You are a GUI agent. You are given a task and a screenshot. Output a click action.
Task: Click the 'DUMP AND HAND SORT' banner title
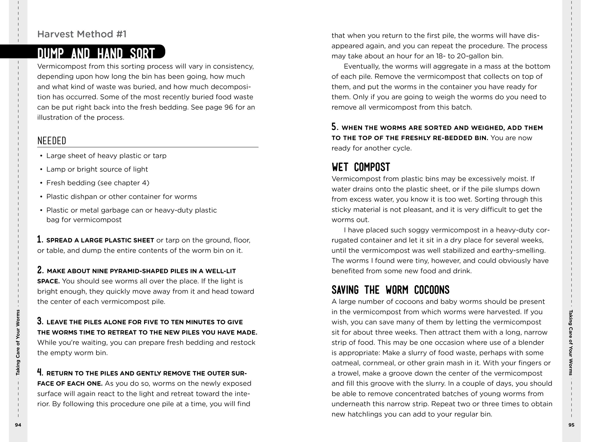[96, 53]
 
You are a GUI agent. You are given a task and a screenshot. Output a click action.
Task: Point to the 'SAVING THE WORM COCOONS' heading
[390, 290]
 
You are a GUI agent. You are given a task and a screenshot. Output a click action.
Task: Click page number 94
[18, 425]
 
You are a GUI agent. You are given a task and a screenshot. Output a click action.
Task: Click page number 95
[571, 425]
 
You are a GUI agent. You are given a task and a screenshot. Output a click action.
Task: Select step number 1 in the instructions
[40, 239]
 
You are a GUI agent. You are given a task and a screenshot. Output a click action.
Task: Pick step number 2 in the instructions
[40, 270]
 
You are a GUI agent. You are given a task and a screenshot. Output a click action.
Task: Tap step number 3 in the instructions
[40, 321]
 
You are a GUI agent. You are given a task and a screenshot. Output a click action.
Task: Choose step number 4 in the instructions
[40, 372]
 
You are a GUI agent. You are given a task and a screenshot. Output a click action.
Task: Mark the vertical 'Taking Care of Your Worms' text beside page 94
[18, 342]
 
